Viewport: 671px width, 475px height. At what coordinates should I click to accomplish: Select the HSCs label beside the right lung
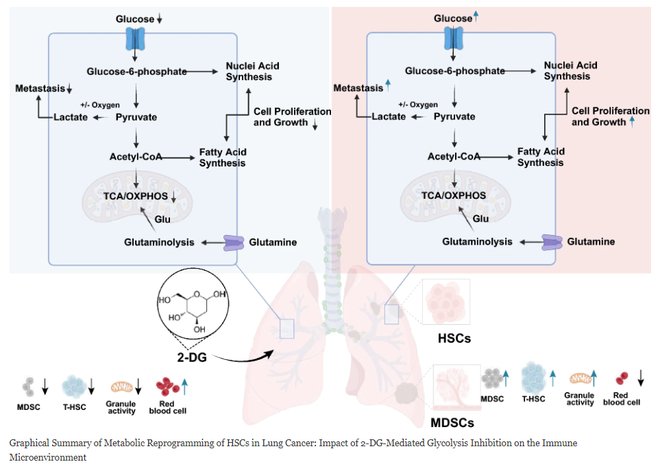454,338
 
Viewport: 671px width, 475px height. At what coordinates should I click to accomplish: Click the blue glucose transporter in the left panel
135,39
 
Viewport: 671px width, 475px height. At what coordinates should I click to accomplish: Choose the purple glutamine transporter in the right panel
553,242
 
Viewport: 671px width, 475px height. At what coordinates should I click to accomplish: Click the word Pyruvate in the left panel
136,117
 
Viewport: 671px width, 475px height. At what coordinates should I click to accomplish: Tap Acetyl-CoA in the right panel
453,156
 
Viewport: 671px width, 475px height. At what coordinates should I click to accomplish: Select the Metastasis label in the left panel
40,88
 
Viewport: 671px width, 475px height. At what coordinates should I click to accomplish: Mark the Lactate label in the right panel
389,117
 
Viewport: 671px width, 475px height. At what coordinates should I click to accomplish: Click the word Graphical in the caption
30,443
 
